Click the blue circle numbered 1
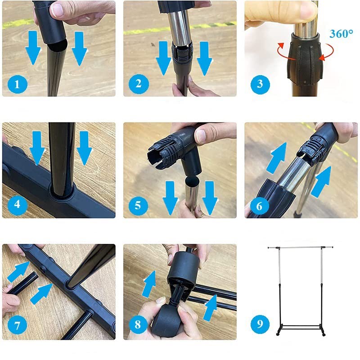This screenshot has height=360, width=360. click(x=18, y=84)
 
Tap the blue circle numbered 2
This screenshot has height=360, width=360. click(x=139, y=84)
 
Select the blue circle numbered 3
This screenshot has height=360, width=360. click(x=260, y=84)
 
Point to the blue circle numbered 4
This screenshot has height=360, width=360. click(x=18, y=204)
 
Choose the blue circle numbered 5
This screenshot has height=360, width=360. click(x=138, y=205)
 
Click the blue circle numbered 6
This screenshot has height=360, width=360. click(x=259, y=206)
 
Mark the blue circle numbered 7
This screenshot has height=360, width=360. click(x=18, y=325)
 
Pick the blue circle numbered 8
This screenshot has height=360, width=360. click(x=138, y=324)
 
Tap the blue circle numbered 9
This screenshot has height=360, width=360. click(x=260, y=324)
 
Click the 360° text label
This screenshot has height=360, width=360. click(x=341, y=34)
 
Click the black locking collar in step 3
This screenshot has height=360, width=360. click(x=305, y=58)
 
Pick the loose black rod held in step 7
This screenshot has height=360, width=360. click(x=22, y=283)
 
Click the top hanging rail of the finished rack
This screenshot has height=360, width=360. click(x=300, y=247)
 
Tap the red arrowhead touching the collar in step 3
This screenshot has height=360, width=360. click(x=321, y=58)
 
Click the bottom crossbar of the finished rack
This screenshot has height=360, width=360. click(x=301, y=325)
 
